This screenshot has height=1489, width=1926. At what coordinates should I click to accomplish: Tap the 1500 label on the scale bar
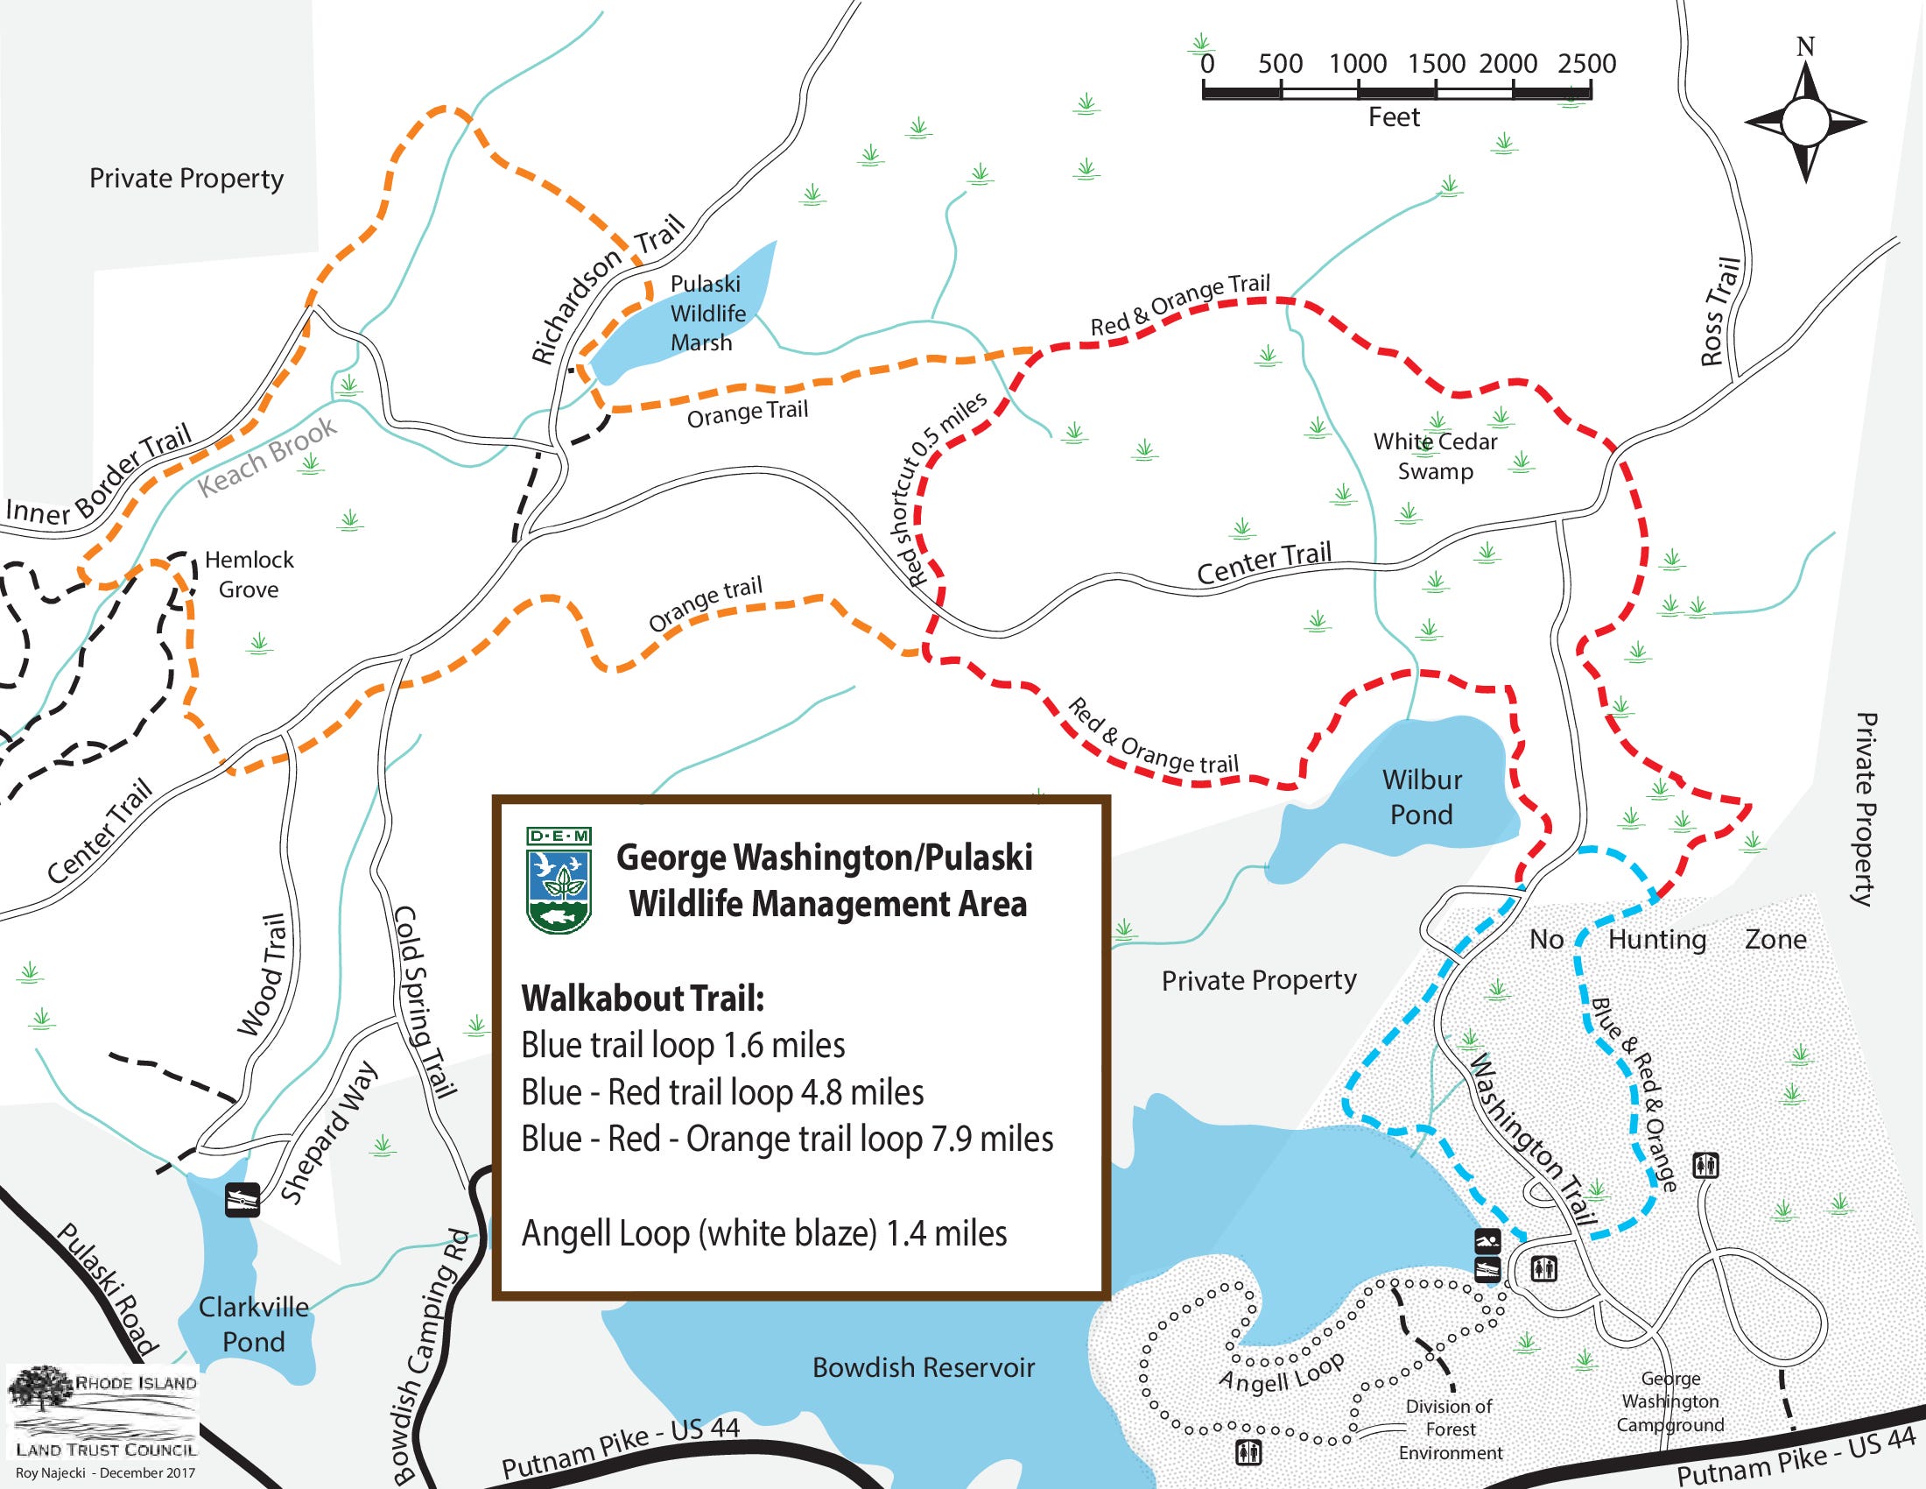[x=1436, y=64]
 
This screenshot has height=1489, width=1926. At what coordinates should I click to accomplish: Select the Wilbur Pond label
[x=1422, y=796]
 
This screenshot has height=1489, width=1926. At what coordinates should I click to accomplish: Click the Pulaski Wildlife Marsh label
[x=707, y=314]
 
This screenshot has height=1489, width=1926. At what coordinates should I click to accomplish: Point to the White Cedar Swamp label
[x=1435, y=455]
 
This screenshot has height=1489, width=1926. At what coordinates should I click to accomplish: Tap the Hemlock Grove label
[x=249, y=575]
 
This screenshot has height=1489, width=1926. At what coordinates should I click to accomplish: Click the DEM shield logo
[x=559, y=879]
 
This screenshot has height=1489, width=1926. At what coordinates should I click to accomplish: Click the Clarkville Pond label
[x=253, y=1323]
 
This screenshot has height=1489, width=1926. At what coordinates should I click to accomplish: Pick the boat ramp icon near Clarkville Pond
[x=242, y=1200]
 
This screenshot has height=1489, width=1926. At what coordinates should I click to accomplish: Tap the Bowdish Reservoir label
[x=923, y=1367]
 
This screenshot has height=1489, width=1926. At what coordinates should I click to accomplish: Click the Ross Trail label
[x=1719, y=311]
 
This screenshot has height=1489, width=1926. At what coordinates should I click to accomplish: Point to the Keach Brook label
[x=267, y=455]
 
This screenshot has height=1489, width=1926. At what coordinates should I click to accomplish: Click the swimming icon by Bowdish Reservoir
[x=1487, y=1241]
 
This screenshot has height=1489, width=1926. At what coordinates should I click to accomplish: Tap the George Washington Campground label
[x=1669, y=1401]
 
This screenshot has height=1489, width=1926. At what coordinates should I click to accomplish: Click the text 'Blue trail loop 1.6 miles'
[x=683, y=1045]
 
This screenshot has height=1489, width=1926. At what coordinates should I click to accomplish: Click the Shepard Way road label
[x=329, y=1133]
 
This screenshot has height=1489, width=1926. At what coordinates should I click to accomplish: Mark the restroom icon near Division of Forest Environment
[x=1248, y=1451]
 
